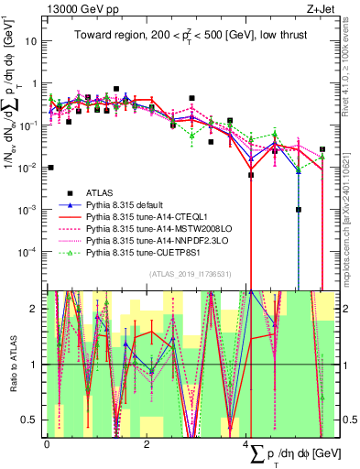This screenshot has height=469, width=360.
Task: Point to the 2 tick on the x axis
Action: (147, 442)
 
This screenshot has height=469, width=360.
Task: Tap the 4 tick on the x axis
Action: (247, 442)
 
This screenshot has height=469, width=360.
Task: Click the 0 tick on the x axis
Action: (46, 442)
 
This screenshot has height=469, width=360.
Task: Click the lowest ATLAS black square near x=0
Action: (50, 168)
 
